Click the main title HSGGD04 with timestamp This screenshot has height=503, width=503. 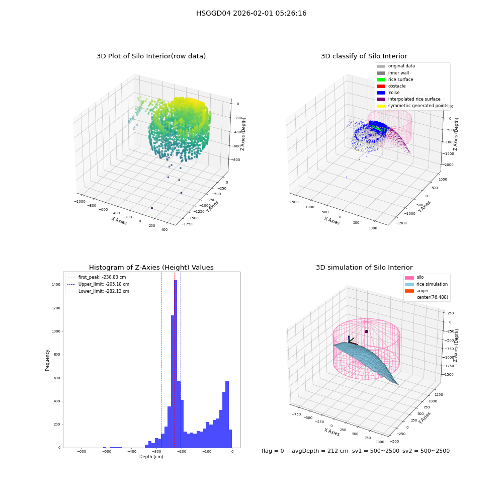[x=251, y=13]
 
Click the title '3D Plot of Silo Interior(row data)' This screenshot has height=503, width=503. [x=151, y=56]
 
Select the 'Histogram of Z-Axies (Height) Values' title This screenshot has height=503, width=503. [x=151, y=267]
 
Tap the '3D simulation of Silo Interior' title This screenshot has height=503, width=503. [x=364, y=267]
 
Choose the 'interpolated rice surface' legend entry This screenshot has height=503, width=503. [x=408, y=99]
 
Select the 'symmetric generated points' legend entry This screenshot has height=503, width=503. [x=412, y=106]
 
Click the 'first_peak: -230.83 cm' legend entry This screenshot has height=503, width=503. [x=97, y=277]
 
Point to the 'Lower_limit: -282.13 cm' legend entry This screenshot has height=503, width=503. [x=98, y=291]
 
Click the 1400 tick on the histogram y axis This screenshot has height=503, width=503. [x=56, y=285]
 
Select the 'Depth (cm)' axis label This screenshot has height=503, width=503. [x=151, y=457]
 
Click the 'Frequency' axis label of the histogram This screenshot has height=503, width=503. [x=47, y=360]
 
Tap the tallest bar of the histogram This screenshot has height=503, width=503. [x=176, y=364]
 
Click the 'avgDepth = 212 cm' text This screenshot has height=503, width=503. [x=320, y=451]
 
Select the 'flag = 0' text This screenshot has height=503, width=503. [x=273, y=451]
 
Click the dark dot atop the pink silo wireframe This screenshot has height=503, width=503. [x=366, y=331]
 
